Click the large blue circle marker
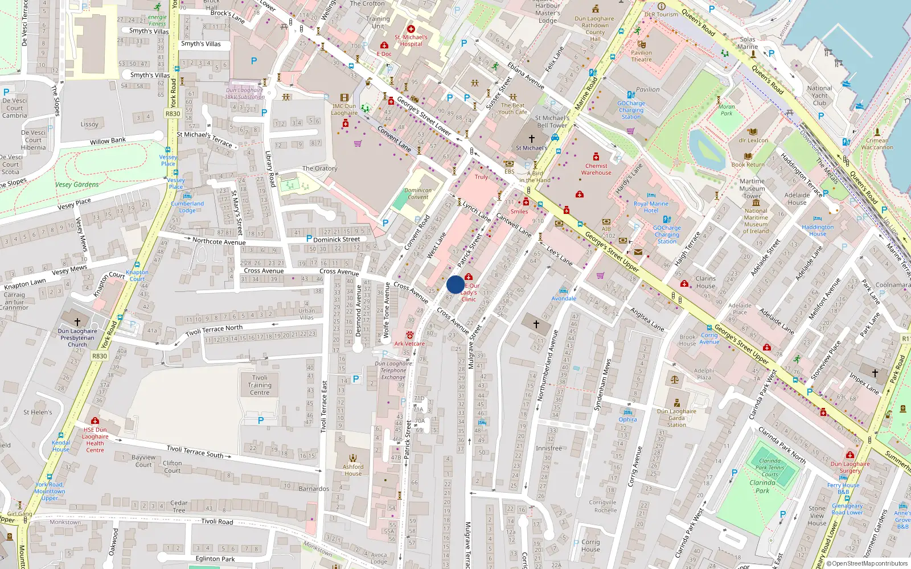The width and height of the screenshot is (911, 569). pos(455,284)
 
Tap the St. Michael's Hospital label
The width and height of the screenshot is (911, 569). pos(412,40)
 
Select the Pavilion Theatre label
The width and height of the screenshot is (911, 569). pos(641,56)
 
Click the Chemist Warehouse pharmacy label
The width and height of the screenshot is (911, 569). pos(596,169)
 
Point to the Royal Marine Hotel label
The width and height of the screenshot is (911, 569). pos(651,207)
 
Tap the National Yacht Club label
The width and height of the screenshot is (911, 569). pos(819,96)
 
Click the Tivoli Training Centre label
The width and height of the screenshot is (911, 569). pos(260,385)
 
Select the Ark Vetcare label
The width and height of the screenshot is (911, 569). pos(409,343)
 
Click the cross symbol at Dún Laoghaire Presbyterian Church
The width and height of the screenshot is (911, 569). pos(77,321)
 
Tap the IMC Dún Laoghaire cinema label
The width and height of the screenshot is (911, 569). pos(344,109)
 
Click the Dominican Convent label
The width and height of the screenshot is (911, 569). pos(418,193)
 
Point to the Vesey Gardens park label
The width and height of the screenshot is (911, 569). pos(77,184)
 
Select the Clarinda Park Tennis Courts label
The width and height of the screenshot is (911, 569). pos(770,468)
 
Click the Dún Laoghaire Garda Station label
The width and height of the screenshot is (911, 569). pos(676,418)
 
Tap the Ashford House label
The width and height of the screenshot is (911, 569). pos(353,470)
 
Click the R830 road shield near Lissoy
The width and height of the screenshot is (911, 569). pos(173,114)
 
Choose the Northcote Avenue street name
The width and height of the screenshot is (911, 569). pos(219,241)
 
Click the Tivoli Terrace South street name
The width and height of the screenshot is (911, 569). pos(195,451)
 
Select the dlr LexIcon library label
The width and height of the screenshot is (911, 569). pos(753,140)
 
